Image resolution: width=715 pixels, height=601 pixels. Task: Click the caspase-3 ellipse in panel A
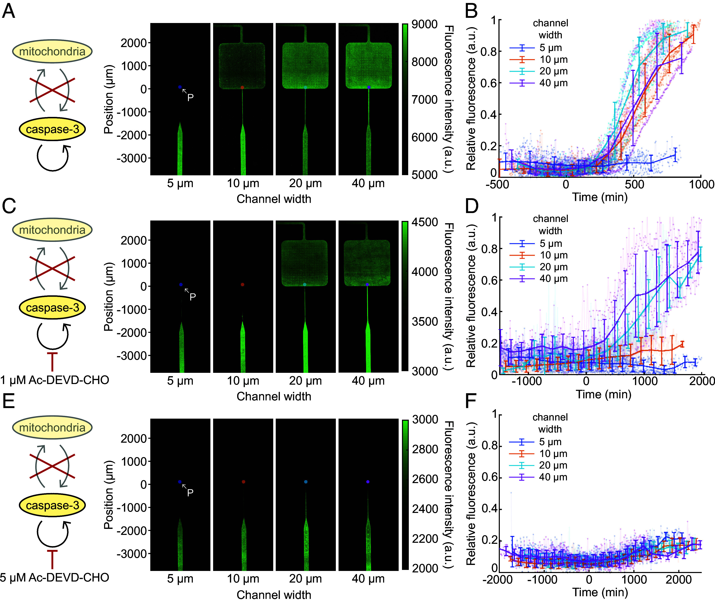[52, 130]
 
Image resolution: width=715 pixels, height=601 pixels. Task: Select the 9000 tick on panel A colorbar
[424, 24]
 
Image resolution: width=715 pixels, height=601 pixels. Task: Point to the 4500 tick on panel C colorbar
[425, 222]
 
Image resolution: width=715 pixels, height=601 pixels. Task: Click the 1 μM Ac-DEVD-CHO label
[55, 380]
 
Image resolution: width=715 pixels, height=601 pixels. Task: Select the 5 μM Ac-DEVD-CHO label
[55, 578]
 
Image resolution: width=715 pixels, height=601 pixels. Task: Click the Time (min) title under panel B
[600, 197]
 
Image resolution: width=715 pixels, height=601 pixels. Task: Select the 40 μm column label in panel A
[368, 183]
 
